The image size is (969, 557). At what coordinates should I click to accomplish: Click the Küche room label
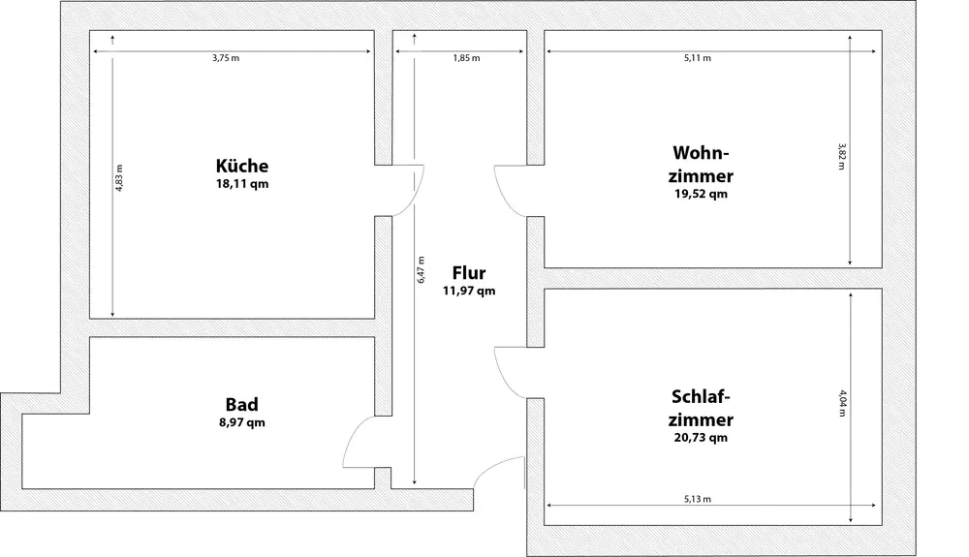click(242, 166)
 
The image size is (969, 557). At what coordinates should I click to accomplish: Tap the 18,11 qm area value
click(242, 184)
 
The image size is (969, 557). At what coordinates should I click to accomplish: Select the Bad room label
click(241, 404)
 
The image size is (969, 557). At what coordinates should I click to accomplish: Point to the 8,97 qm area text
click(241, 422)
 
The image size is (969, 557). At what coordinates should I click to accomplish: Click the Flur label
click(469, 273)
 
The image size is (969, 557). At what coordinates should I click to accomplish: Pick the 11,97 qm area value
click(469, 291)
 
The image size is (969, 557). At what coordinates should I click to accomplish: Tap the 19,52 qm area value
click(702, 194)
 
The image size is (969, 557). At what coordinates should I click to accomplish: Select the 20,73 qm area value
click(701, 438)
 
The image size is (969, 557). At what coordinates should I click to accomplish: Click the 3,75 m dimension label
click(227, 58)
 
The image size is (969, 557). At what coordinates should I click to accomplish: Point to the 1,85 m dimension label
click(466, 58)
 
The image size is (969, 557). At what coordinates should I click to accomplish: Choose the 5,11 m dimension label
click(698, 58)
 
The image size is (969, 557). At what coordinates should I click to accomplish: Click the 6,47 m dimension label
click(422, 269)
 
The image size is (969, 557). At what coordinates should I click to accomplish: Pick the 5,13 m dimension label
click(698, 499)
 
